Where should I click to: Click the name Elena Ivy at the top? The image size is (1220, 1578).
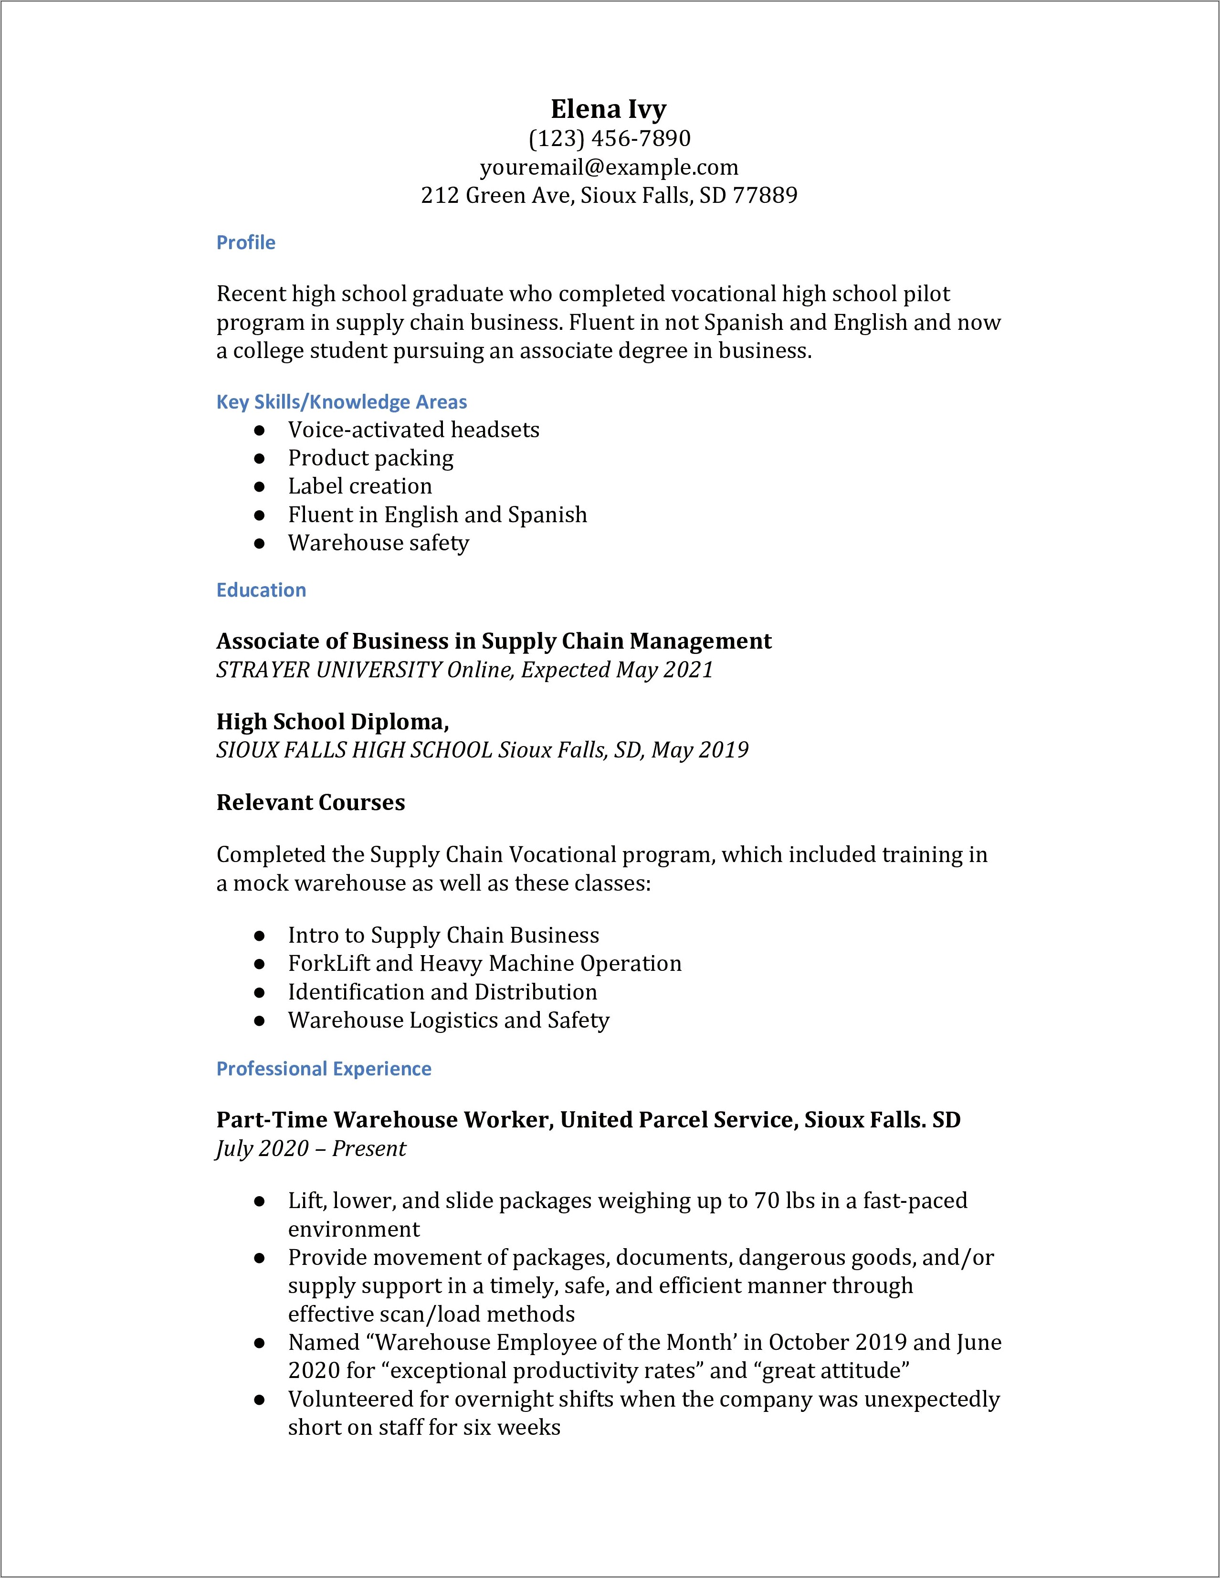point(608,109)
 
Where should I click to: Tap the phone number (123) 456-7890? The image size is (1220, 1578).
point(609,138)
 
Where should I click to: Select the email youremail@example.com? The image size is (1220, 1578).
point(609,167)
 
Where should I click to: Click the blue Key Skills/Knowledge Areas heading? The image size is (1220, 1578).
point(342,402)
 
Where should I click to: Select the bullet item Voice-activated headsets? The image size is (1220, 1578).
point(413,430)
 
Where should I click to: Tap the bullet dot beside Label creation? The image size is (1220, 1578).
point(259,487)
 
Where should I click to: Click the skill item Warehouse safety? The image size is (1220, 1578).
point(379,543)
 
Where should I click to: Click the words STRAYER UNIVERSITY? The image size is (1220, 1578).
point(329,670)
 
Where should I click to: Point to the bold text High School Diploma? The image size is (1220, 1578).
point(332,721)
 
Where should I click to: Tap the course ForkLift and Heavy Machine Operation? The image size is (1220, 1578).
point(484,963)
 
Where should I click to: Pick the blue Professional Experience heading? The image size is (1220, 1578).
point(324,1069)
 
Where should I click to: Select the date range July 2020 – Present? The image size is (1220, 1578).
point(311,1149)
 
